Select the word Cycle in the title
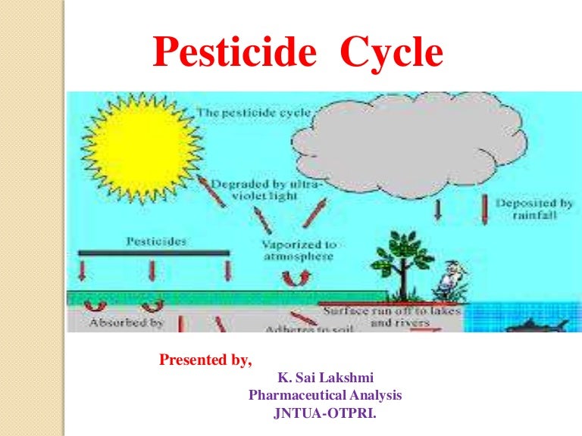pos(391,54)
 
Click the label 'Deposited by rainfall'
pos(534,210)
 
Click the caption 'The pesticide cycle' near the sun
pos(255,112)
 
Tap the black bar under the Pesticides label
pos(152,251)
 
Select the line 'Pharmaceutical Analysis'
pos(325,395)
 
